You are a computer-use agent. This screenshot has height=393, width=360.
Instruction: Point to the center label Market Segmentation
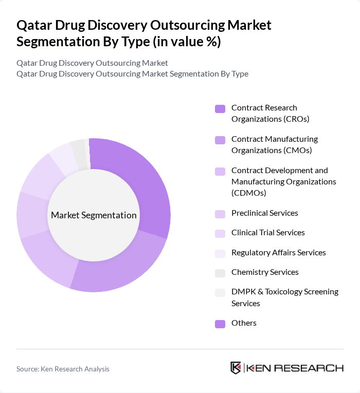pyautogui.click(x=94, y=215)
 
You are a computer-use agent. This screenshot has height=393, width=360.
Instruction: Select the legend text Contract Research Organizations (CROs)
pyautogui.click(x=264, y=114)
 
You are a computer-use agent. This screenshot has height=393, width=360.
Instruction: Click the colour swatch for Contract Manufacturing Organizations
pyautogui.click(x=220, y=140)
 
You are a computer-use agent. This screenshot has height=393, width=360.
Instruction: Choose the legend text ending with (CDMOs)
pyautogui.click(x=283, y=181)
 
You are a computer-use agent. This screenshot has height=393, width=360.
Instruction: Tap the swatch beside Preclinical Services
pyautogui.click(x=220, y=214)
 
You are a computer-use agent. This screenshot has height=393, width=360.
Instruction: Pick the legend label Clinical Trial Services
pyautogui.click(x=268, y=233)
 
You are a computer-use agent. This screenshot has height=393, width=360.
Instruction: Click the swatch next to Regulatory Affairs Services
pyautogui.click(x=220, y=253)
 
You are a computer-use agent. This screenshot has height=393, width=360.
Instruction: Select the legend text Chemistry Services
pyautogui.click(x=265, y=272)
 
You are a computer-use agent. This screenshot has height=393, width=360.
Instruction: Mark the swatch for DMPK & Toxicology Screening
pyautogui.click(x=220, y=292)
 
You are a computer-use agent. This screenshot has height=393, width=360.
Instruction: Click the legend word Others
pyautogui.click(x=244, y=323)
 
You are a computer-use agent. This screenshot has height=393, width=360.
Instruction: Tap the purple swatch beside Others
pyautogui.click(x=220, y=324)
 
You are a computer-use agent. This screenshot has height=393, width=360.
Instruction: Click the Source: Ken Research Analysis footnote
pyautogui.click(x=63, y=369)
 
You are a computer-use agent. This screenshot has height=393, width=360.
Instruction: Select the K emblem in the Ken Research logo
pyautogui.click(x=236, y=368)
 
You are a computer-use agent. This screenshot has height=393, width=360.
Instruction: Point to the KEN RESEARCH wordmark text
pyautogui.click(x=295, y=368)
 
